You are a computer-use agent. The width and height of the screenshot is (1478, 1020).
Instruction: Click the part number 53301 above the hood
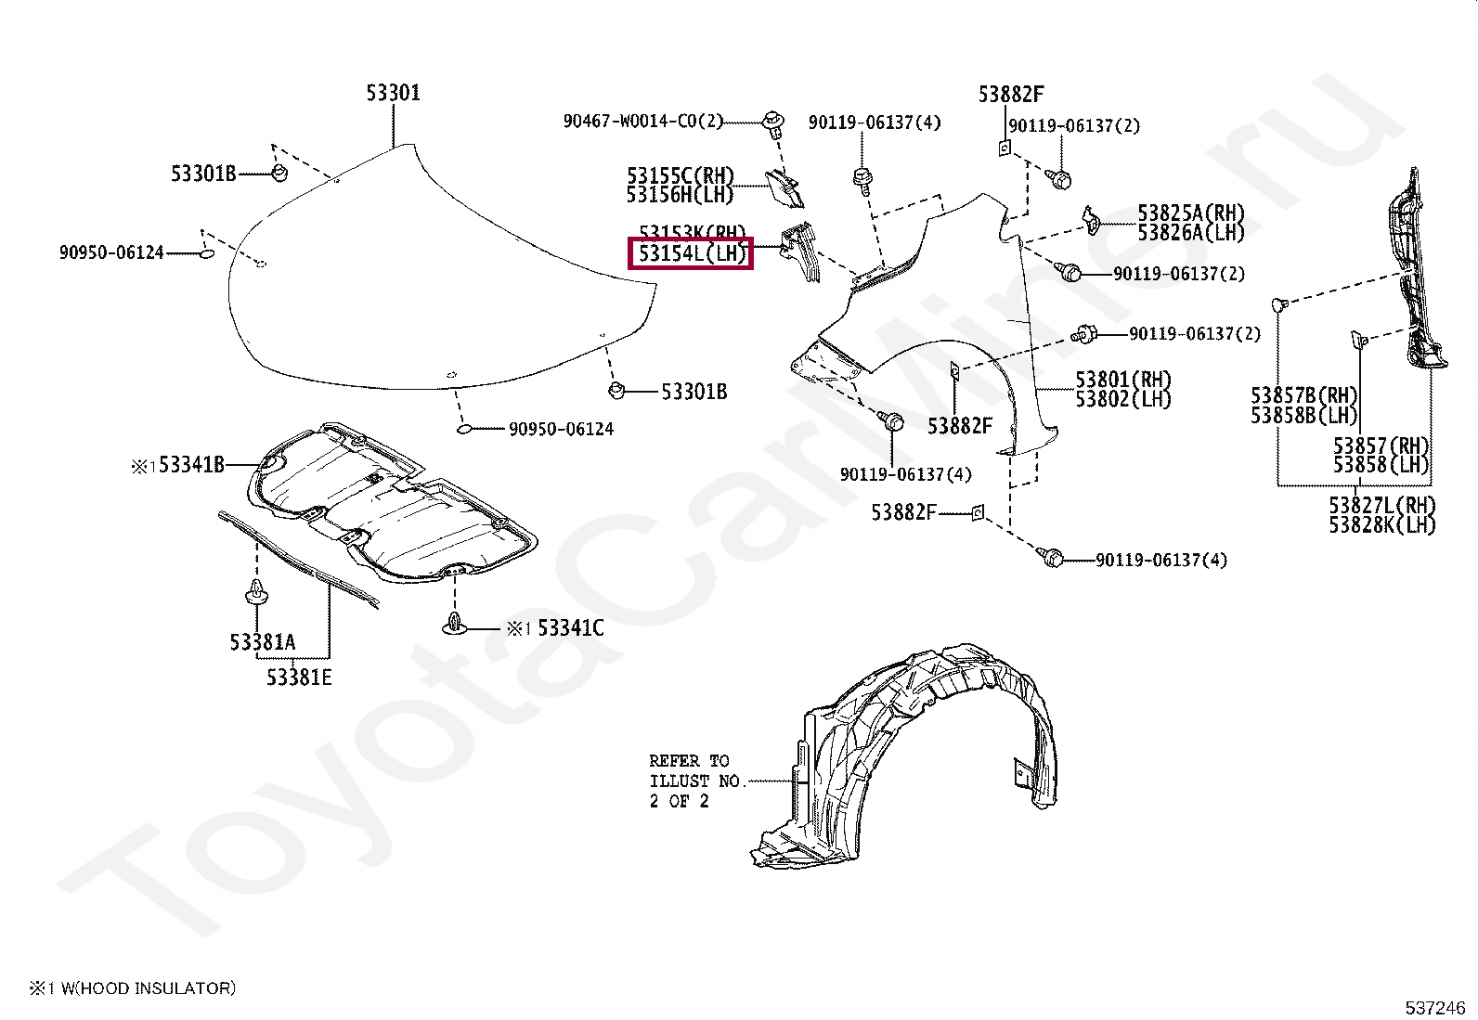click(x=393, y=93)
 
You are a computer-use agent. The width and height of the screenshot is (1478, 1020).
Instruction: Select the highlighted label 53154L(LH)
click(x=691, y=252)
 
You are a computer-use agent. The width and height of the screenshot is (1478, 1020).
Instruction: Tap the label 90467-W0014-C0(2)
click(x=642, y=121)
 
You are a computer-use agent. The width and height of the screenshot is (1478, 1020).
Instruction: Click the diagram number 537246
click(x=1434, y=1007)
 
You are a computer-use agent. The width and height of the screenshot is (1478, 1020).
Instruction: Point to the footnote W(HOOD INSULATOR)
click(x=139, y=988)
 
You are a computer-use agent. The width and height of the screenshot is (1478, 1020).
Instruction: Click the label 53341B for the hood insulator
click(x=191, y=464)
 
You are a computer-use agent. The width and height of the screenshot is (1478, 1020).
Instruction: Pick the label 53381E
click(x=299, y=678)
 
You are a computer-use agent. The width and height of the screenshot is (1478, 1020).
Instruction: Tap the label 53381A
click(x=263, y=641)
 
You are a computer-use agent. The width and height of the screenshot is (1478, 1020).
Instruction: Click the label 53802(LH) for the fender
click(x=1123, y=399)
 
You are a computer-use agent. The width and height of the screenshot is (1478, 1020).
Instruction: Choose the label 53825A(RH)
click(x=1191, y=213)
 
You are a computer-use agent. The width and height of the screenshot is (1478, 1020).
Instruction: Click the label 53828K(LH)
click(x=1381, y=524)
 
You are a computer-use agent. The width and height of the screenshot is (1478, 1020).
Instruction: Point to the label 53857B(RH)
click(x=1303, y=396)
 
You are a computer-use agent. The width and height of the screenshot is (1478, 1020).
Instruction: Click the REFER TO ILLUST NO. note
click(x=696, y=781)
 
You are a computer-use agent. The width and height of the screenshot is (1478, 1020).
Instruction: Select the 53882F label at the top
click(x=1011, y=94)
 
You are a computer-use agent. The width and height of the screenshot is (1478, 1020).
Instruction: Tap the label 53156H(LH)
click(x=680, y=195)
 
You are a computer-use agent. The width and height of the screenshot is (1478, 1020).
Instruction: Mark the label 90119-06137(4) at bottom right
click(x=1161, y=561)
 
